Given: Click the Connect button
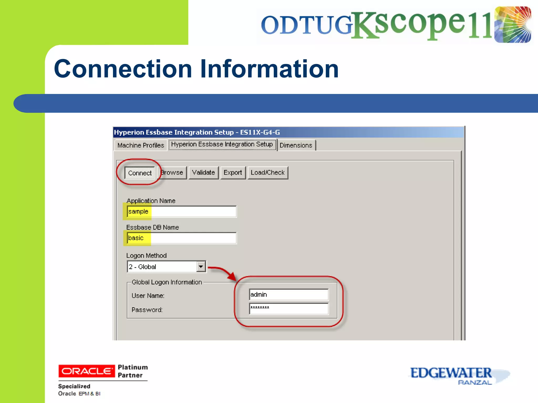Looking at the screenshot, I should tap(140, 173).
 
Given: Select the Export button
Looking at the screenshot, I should tap(233, 173).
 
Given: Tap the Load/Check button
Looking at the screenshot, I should tap(267, 173).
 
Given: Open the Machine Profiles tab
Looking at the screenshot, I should tap(141, 145).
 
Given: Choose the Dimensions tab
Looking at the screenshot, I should tap(296, 145).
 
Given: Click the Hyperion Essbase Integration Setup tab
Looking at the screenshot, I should tap(222, 144).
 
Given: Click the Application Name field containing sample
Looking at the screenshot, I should tap(181, 211).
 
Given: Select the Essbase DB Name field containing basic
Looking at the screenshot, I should tap(181, 238).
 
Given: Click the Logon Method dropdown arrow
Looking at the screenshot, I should tap(201, 267).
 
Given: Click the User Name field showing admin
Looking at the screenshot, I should tap(288, 295).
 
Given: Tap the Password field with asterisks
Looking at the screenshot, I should tap(288, 308).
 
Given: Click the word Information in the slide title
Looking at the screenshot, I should tap(269, 69).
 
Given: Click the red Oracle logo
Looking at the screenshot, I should tap(86, 371).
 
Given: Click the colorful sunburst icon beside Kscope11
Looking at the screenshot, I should tap(512, 25).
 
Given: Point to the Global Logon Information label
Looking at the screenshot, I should tap(167, 282).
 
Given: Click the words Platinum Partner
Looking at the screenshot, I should tap(132, 371).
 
